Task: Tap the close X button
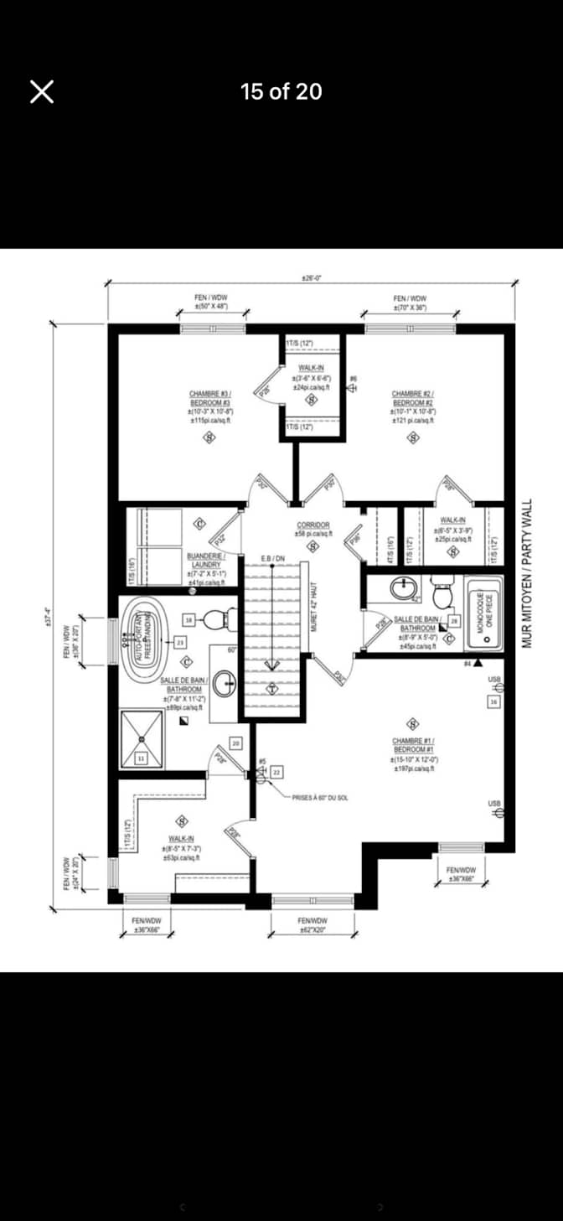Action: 42,91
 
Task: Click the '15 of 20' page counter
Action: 281,91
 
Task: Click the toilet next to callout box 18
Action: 215,620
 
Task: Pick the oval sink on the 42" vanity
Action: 404,589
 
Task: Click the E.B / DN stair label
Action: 271,557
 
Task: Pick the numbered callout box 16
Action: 494,701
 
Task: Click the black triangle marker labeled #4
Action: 478,662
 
